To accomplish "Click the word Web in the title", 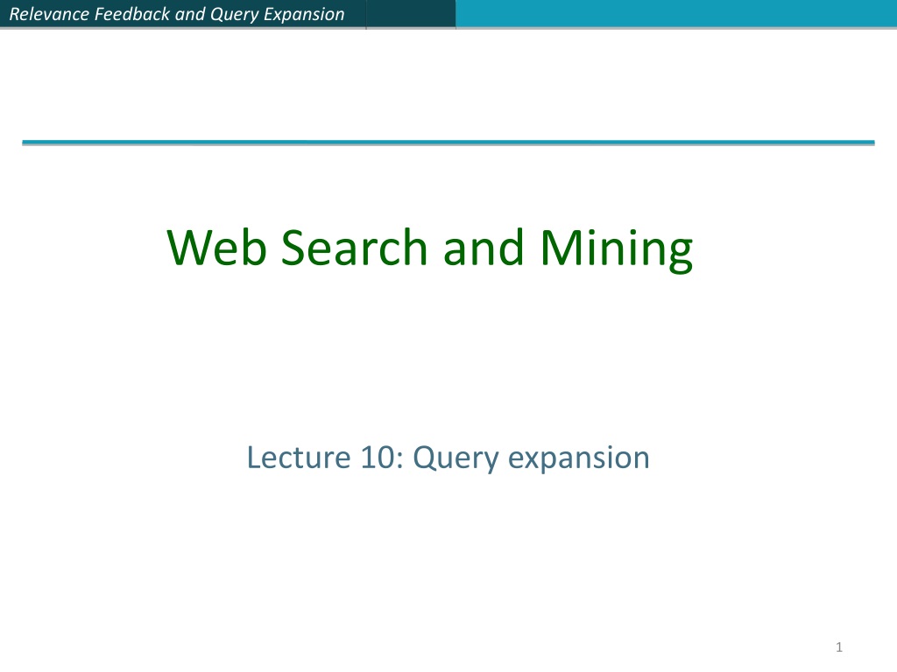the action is tap(217, 248).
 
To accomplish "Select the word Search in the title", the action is tap(354, 247).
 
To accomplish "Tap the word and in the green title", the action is tap(484, 247).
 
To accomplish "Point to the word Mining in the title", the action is tap(617, 250).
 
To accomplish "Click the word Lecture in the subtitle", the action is tap(298, 458).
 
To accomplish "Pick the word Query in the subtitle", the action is tap(456, 460).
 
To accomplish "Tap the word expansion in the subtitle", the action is tap(579, 460).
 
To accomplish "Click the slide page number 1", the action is tap(839, 647).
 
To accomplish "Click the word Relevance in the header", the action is tap(49, 14).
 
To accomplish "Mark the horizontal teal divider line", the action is tap(448, 143).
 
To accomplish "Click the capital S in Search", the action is tap(295, 248).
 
